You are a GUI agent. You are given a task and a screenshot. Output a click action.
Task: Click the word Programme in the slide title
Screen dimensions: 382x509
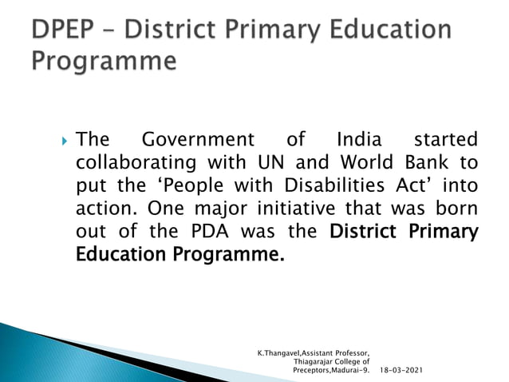coord(103,61)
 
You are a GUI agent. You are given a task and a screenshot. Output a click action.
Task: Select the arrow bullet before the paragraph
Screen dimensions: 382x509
coord(64,141)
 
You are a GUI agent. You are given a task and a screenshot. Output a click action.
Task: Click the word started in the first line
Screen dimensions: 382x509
coord(441,140)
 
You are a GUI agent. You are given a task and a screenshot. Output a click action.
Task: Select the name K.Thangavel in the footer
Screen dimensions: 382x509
coord(280,351)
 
